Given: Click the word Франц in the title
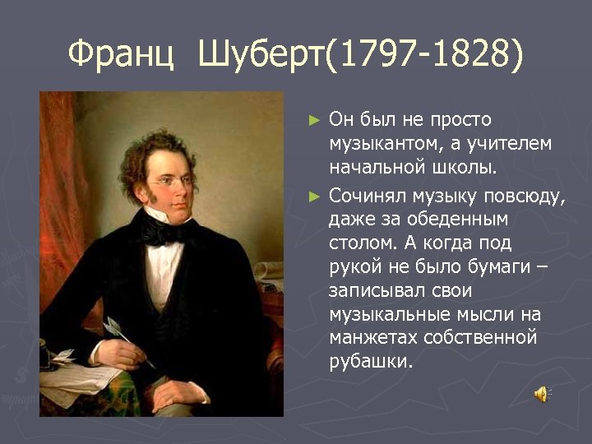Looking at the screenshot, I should click(120, 55).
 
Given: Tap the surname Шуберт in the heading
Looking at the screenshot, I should click(261, 55).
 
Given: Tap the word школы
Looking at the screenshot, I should click(468, 169).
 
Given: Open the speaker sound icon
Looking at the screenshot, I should click(542, 394).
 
